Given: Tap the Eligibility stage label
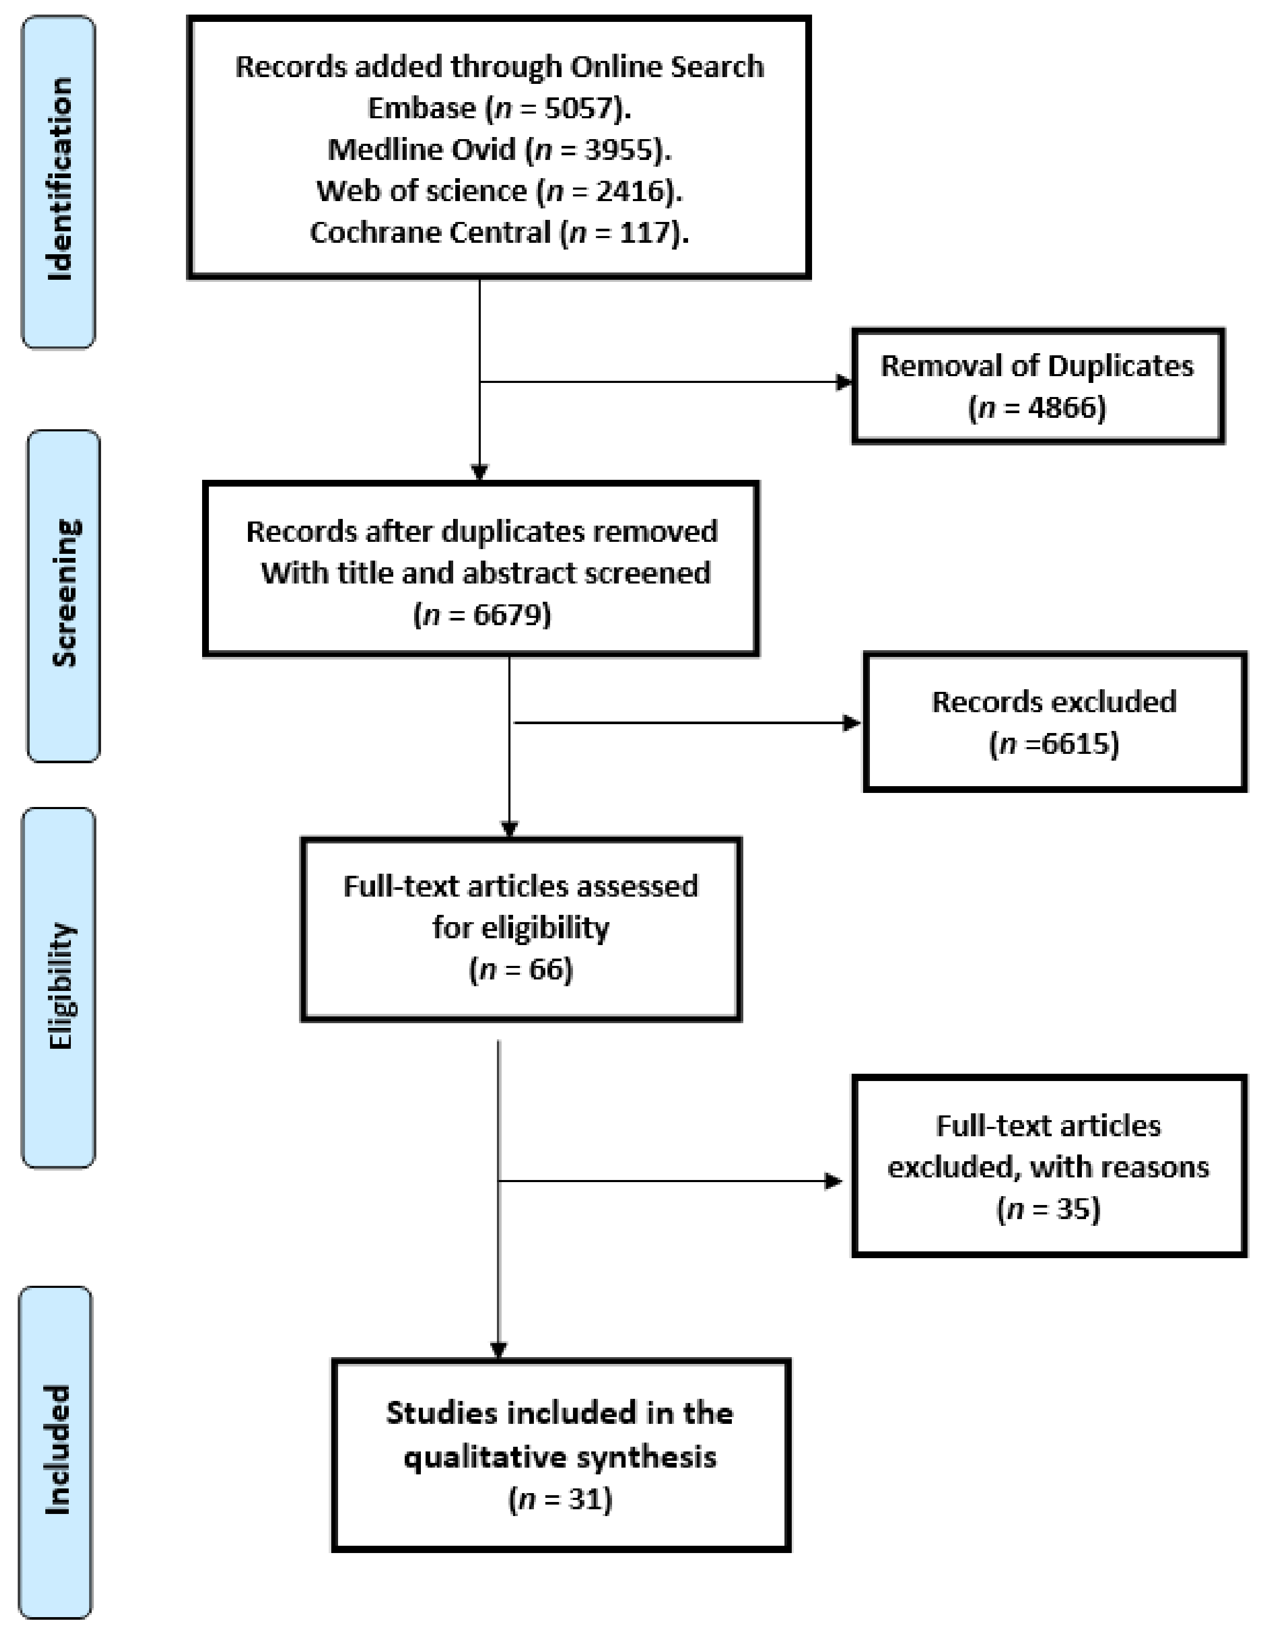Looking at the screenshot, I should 60,986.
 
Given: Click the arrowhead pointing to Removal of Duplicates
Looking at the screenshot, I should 844,382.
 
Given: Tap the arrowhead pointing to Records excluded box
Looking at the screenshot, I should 853,723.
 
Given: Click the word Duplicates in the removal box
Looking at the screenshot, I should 1120,366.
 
